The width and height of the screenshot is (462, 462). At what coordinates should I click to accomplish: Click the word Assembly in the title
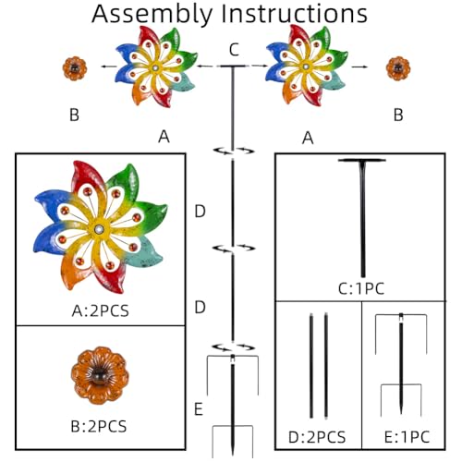click(x=152, y=14)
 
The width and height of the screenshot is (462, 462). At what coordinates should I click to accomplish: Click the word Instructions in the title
click(x=295, y=14)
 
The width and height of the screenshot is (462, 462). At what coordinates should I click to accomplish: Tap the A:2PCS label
click(x=100, y=310)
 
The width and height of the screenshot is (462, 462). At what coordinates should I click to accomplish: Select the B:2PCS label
click(x=99, y=427)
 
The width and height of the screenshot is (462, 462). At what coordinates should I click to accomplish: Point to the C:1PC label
click(x=361, y=289)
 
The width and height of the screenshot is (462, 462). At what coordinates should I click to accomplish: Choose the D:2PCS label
click(x=317, y=437)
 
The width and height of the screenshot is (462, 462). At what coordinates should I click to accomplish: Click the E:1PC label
click(x=407, y=437)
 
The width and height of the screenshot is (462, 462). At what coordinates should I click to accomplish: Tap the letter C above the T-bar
click(x=234, y=50)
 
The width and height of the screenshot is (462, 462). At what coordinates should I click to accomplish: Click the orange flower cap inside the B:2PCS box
click(x=100, y=375)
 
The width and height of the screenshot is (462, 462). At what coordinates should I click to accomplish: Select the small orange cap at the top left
click(x=75, y=68)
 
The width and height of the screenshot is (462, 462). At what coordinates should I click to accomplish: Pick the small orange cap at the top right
click(x=398, y=68)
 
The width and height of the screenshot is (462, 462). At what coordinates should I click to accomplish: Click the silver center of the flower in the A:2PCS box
click(x=100, y=229)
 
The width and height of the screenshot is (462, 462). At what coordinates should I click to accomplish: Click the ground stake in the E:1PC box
click(x=401, y=364)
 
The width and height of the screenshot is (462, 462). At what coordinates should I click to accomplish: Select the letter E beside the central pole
click(x=199, y=409)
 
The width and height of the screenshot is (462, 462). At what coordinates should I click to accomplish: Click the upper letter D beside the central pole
click(x=200, y=212)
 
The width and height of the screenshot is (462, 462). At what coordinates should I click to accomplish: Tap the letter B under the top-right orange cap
click(x=398, y=115)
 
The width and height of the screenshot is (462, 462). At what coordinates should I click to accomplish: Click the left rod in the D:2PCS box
click(x=311, y=366)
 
